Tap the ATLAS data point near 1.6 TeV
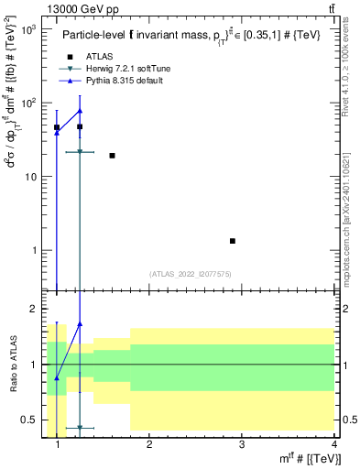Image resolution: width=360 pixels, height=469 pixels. point(112,156)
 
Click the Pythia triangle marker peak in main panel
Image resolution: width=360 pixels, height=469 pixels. point(80,111)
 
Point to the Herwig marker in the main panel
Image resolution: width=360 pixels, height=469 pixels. point(80,152)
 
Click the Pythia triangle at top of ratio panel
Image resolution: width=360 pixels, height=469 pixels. point(80,323)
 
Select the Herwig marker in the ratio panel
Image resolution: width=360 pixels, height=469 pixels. point(80,428)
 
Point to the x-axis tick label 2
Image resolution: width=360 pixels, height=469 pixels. point(150,445)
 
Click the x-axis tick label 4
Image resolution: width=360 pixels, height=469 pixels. point(334,445)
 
